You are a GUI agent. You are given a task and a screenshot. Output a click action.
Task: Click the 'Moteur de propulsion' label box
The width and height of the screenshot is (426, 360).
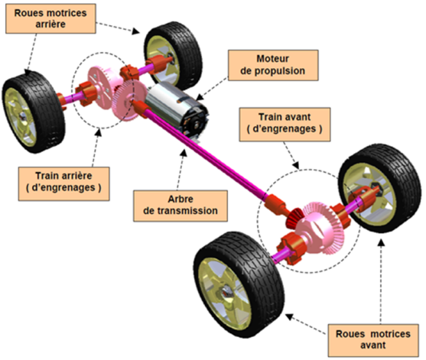coord(273,65)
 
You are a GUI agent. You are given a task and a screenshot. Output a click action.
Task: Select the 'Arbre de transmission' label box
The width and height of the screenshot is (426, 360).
coord(180,206)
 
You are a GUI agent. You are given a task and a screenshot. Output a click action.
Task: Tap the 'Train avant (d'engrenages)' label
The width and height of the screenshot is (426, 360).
coord(285,125)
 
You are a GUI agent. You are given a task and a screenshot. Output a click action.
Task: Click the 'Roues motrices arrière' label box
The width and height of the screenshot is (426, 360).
coord(50,18)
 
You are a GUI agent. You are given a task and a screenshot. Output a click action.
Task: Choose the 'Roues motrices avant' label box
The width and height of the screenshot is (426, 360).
coord(373,340)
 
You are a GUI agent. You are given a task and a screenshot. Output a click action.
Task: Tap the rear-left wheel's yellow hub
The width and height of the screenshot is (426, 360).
coord(21,117)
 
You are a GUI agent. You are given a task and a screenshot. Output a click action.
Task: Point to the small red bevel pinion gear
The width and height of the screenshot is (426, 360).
coord(295,218)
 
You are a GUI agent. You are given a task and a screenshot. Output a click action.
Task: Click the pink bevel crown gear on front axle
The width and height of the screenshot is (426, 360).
coord(324,228)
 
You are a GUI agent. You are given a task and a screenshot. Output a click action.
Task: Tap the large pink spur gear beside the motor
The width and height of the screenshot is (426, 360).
coord(129,100)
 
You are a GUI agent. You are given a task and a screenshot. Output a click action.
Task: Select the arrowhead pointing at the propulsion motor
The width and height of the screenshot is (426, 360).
coord(200,97)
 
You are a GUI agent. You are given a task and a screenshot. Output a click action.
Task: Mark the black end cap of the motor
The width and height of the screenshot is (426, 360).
coord(196,124)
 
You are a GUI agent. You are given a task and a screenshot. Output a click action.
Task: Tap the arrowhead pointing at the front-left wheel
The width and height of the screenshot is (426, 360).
coord(289,317)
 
